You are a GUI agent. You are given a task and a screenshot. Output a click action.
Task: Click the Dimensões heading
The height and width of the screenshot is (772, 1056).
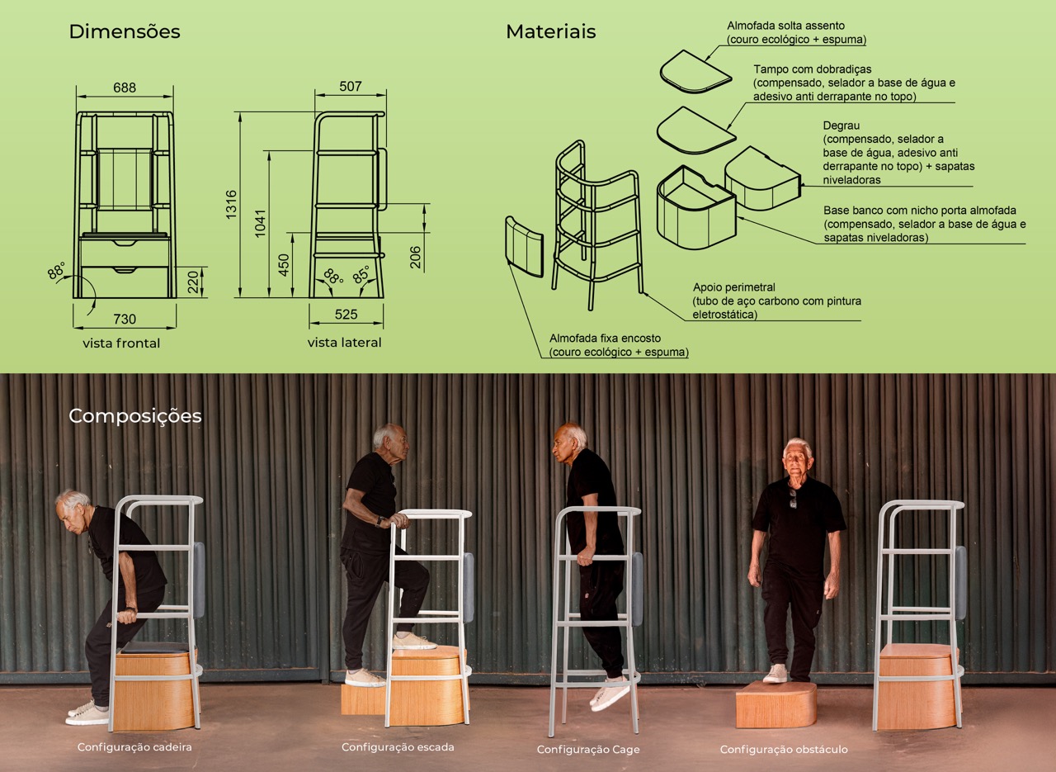[x=125, y=31]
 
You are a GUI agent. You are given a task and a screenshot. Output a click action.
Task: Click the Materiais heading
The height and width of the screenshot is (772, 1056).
[x=550, y=31]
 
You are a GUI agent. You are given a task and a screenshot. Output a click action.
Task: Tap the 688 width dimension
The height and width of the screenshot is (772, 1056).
[x=125, y=88]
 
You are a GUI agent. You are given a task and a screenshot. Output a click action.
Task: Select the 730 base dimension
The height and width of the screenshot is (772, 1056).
[x=125, y=319]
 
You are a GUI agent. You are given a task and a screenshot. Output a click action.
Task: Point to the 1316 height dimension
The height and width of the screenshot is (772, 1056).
[x=231, y=204]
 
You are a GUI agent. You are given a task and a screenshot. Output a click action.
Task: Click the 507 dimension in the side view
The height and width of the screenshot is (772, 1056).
[x=351, y=87]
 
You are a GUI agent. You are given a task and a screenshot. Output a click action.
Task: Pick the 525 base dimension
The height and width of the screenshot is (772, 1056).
[x=346, y=315]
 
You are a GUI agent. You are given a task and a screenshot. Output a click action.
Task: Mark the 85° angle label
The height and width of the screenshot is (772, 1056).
[x=362, y=275]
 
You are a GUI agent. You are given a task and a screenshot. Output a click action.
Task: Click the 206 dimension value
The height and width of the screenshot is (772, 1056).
[x=415, y=257]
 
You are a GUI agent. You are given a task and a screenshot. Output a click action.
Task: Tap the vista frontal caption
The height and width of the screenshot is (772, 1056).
[x=121, y=343]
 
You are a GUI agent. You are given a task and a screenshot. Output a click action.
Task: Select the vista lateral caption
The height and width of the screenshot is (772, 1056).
[x=344, y=342]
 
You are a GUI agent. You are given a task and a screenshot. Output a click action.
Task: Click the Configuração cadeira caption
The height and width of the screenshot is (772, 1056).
[x=134, y=747]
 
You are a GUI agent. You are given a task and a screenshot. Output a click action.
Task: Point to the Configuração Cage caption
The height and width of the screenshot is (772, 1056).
[x=588, y=750]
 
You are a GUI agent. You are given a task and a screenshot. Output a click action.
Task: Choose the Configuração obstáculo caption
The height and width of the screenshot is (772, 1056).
[x=784, y=750]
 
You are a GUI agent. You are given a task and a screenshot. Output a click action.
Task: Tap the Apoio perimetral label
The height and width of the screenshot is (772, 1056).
[x=734, y=287]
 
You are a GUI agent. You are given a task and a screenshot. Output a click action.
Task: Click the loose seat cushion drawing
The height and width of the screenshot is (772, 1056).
[x=695, y=72]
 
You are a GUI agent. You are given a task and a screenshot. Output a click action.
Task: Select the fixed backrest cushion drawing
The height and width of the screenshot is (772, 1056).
[x=524, y=247]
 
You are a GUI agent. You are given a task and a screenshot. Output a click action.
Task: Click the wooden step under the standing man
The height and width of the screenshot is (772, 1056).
[x=776, y=704]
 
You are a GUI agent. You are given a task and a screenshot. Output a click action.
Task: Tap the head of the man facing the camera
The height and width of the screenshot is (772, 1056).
[x=797, y=457]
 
